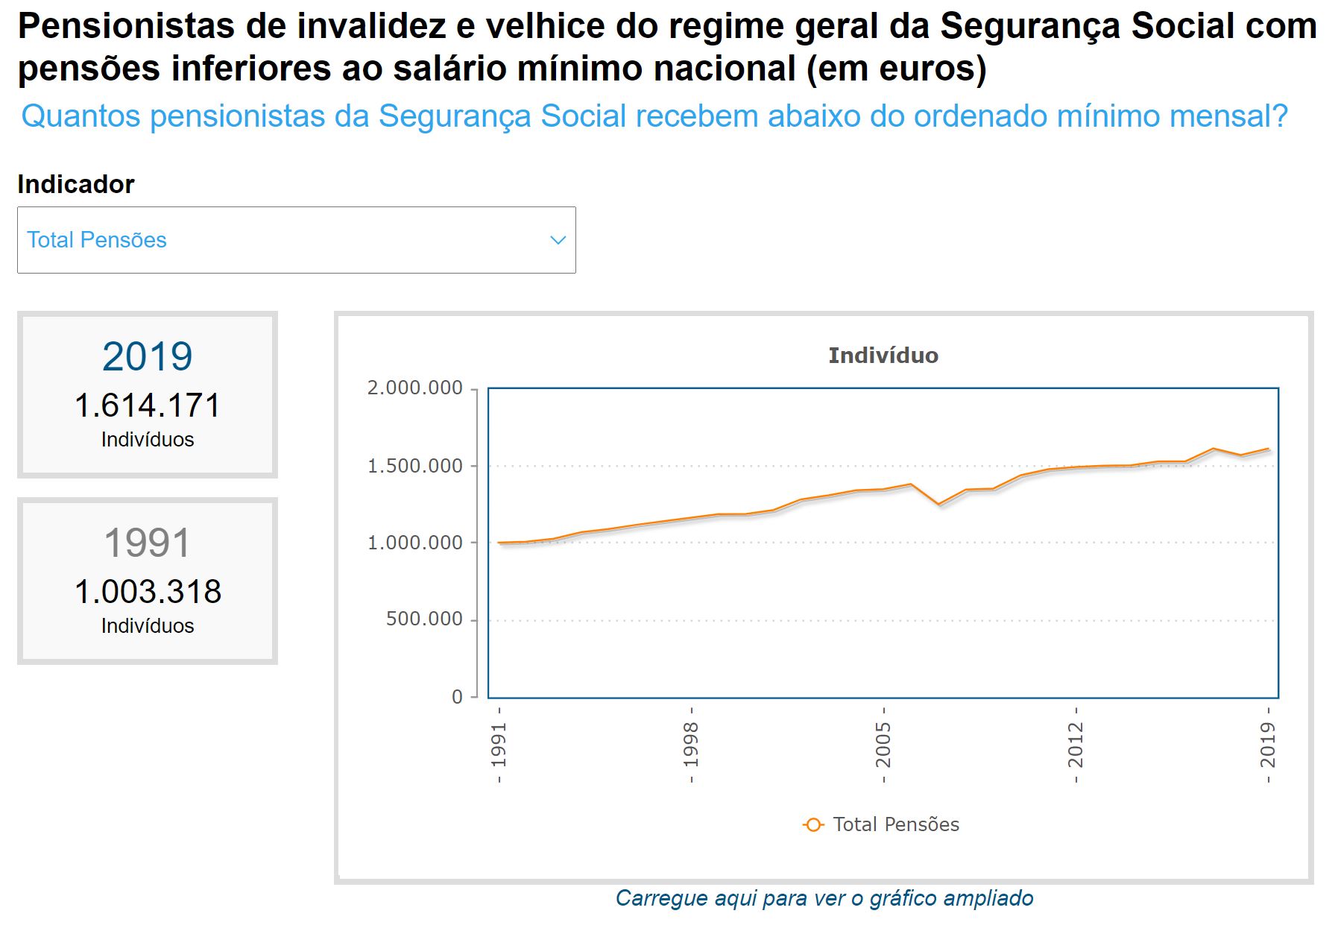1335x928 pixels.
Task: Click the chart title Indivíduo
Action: [x=883, y=356]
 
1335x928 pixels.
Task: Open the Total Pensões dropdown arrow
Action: [x=558, y=240]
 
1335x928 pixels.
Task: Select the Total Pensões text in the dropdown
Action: [x=97, y=240]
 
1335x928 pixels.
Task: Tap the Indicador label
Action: [x=76, y=184]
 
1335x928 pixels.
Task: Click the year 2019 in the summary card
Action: [x=148, y=356]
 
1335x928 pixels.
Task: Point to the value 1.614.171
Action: [x=148, y=405]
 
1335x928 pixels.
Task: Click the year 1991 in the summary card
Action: [x=148, y=543]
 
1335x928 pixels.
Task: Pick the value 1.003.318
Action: [x=148, y=592]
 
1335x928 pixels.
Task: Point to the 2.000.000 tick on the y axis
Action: [x=414, y=388]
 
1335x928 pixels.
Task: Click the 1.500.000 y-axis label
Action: [x=414, y=466]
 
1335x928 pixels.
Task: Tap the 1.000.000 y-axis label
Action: [x=414, y=543]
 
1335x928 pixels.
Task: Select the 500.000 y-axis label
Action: [x=423, y=619]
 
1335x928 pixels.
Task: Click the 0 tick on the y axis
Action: [x=457, y=697]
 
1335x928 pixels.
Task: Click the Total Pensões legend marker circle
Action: [x=813, y=825]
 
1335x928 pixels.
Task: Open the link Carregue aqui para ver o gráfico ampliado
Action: [x=824, y=898]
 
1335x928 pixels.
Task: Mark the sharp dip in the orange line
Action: [x=939, y=504]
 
